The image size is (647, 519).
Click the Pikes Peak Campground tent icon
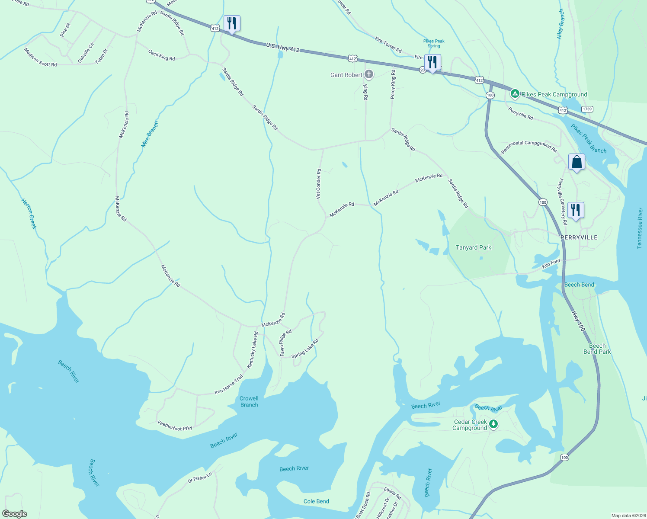coord(515,93)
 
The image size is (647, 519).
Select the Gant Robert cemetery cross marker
coord(368,74)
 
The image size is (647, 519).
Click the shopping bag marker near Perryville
coord(577,162)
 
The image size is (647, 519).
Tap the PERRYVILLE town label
coord(579,237)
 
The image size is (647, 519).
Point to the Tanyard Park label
coord(473,247)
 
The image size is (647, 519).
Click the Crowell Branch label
coord(249,401)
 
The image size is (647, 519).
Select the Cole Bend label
coord(316,501)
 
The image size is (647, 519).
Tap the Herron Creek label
coord(29,213)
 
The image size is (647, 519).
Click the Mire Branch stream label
coord(150,135)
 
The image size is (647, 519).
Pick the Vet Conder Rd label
coord(319,184)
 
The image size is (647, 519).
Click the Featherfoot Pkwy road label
coord(175,426)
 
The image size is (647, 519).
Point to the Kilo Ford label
coord(551,263)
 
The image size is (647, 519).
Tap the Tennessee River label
coord(640,228)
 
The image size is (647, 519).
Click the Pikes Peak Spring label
coord(434,43)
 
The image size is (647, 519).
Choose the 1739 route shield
coord(587,109)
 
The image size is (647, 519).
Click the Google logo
coord(15,514)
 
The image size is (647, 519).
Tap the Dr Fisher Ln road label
coord(200,477)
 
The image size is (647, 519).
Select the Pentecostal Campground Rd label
coord(528,147)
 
